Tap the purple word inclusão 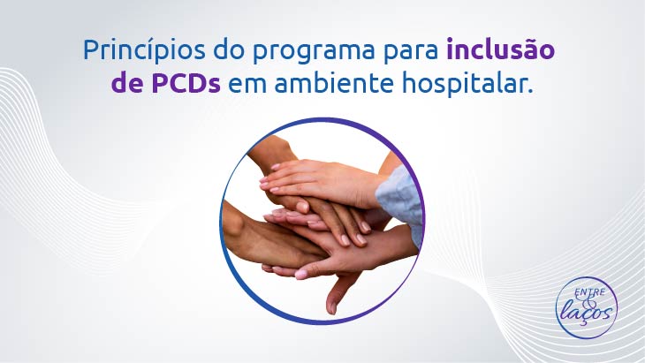501,49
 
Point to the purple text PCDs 186,83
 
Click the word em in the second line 247,86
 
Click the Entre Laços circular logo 587,307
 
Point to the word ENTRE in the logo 590,292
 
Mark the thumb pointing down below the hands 338,292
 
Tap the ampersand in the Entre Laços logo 588,301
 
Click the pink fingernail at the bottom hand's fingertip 300,274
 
